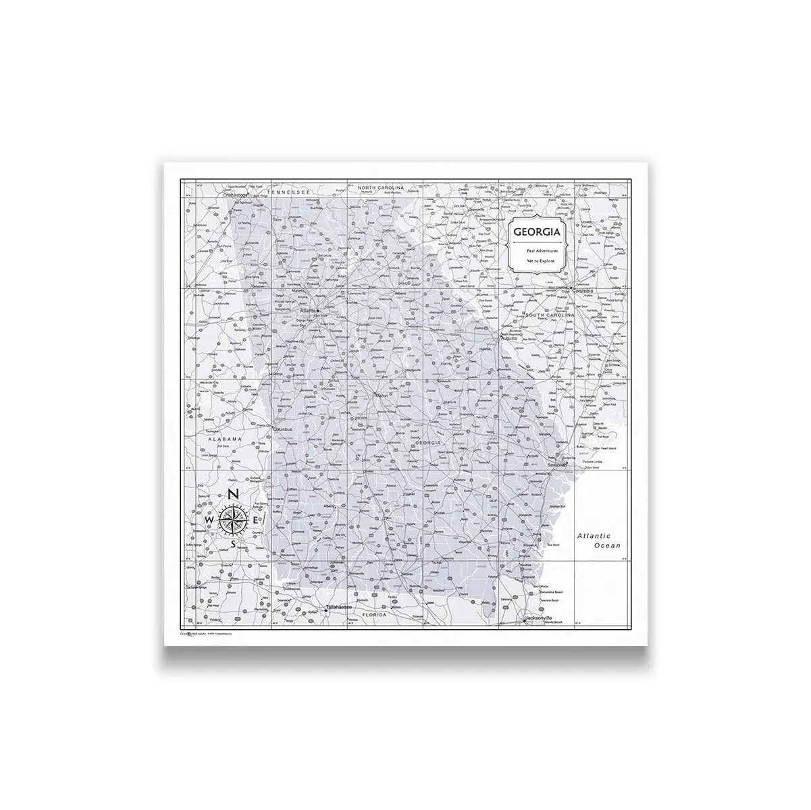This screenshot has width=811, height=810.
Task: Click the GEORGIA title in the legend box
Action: tap(536, 232)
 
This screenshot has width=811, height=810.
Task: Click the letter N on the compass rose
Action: tap(232, 494)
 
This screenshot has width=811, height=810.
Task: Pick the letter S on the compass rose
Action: tap(233, 543)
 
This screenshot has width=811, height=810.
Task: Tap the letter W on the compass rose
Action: tap(209, 520)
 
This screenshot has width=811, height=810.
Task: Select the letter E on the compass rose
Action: tap(255, 519)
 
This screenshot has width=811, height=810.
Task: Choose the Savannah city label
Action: tap(558, 465)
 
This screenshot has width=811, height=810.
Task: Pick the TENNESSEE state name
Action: tap(287, 192)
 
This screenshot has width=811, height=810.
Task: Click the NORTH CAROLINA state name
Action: tap(381, 187)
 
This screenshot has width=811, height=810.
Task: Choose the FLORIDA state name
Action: tap(373, 615)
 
